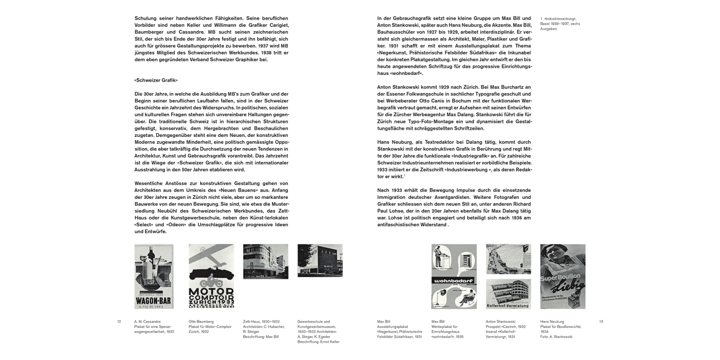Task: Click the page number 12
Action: tap(119, 322)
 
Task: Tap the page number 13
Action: tap(601, 322)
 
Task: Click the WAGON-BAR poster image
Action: tap(154, 276)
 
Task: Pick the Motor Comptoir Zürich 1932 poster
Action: tap(211, 276)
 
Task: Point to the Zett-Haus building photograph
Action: tap(265, 262)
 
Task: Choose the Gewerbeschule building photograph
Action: tap(320, 261)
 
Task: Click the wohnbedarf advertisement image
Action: tap(454, 276)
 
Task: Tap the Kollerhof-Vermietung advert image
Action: tap(508, 294)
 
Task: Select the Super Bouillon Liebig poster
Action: tap(563, 276)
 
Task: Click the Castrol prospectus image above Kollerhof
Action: tap(508, 259)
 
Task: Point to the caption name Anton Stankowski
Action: tap(501, 322)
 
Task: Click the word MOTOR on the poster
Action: tap(211, 292)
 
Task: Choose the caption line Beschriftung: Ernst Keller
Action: tap(318, 342)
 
